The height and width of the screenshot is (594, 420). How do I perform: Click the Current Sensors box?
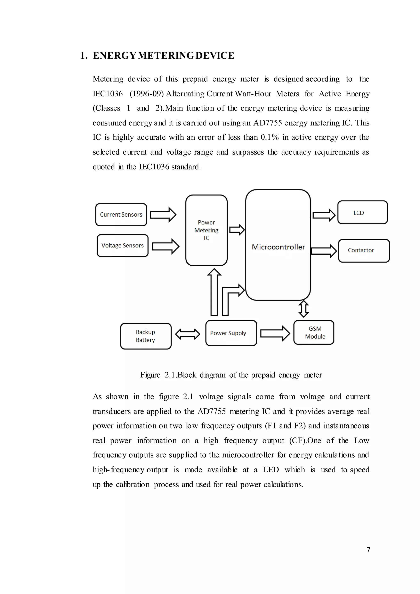pyautogui.click(x=121, y=215)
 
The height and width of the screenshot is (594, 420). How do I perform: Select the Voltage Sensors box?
pyautogui.click(x=122, y=246)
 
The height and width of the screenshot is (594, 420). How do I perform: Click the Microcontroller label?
pyautogui.click(x=278, y=247)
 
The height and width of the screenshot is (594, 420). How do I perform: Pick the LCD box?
pyautogui.click(x=362, y=212)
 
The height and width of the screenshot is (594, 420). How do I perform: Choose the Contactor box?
pyautogui.click(x=364, y=250)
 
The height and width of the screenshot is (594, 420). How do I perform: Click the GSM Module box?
pyautogui.click(x=314, y=332)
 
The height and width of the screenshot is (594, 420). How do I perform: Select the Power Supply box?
pyautogui.click(x=231, y=333)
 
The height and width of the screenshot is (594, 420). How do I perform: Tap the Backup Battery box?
pyautogui.click(x=146, y=336)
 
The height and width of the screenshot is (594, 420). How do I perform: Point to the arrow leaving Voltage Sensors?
pyautogui.click(x=165, y=246)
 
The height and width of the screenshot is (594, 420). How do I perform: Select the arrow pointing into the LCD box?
pyautogui.click(x=324, y=215)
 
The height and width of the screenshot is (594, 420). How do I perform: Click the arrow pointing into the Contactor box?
pyautogui.click(x=324, y=251)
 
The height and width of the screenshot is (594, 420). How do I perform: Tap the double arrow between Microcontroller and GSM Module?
pyautogui.click(x=304, y=309)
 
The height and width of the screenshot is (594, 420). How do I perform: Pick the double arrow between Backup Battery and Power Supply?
pyautogui.click(x=187, y=334)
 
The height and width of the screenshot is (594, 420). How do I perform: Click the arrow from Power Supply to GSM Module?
pyautogui.click(x=275, y=334)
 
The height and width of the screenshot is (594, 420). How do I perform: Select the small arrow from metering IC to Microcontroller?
pyautogui.click(x=237, y=230)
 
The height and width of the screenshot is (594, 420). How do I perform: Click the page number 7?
pyautogui.click(x=368, y=550)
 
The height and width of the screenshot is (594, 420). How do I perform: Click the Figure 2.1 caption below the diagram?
pyautogui.click(x=231, y=375)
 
